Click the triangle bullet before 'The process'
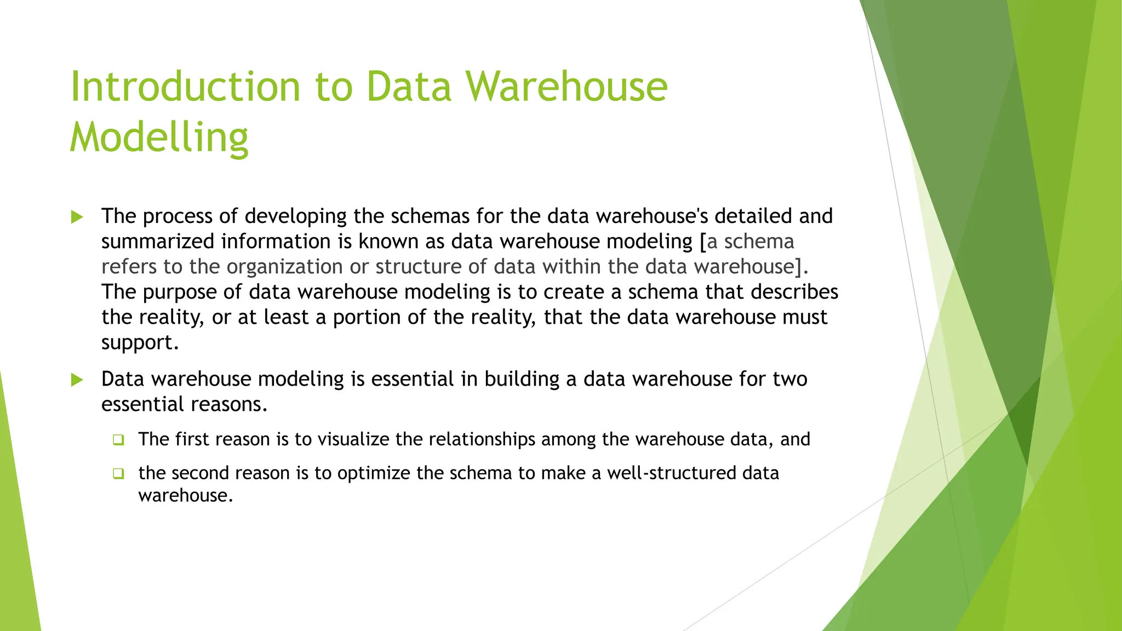[x=77, y=217]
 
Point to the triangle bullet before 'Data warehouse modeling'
[x=77, y=380]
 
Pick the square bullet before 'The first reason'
[x=118, y=440]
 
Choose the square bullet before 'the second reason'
[x=118, y=474]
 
